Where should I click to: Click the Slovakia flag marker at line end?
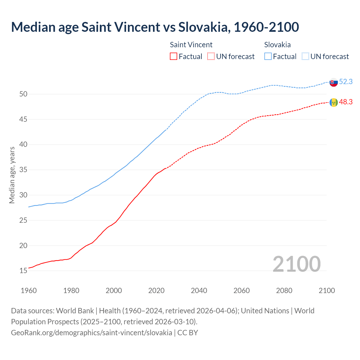334,82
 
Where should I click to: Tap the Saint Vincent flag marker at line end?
334,102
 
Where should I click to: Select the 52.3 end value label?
346,82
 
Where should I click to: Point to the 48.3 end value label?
346,102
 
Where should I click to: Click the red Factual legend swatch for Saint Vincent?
174,56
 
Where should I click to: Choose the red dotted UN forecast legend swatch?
211,56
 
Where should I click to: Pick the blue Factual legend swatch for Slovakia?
268,56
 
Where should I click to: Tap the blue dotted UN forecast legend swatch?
305,56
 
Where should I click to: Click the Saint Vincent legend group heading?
191,45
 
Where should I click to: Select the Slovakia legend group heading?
277,45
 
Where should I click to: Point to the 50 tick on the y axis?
23,94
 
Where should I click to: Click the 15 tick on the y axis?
23,271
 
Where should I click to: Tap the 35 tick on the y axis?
23,170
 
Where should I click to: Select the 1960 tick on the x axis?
29,291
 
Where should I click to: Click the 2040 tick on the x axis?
199,291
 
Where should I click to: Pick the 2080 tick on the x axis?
284,291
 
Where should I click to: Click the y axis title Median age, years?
12,175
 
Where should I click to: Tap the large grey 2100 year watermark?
296,264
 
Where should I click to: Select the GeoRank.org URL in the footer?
91,332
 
